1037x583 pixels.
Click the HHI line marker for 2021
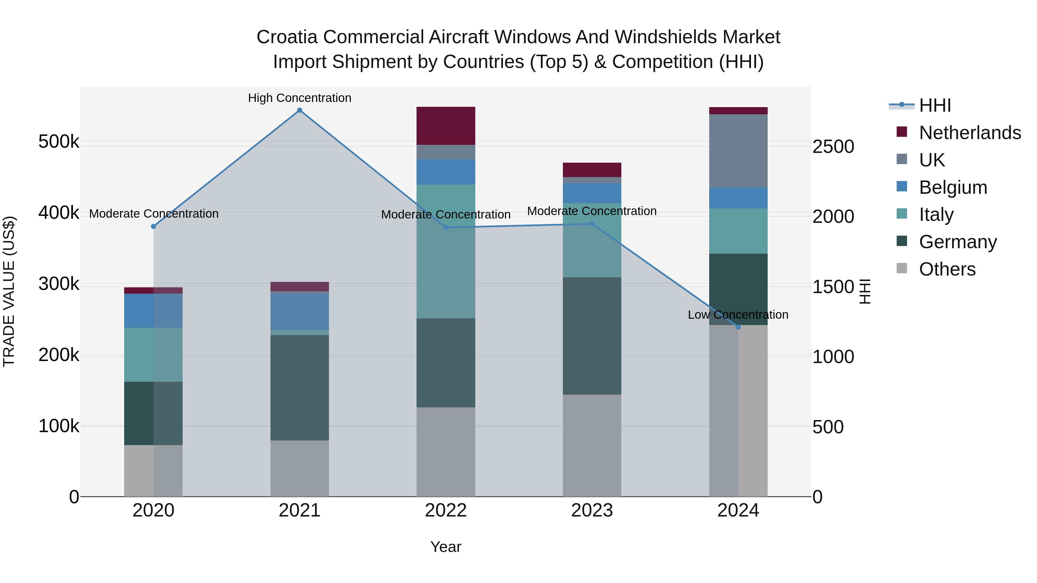(300, 110)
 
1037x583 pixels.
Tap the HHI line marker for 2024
(738, 327)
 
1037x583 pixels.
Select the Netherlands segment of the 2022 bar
(446, 126)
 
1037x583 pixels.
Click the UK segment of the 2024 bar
(738, 151)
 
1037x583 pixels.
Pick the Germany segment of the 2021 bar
(300, 388)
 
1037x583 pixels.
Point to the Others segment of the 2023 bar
(592, 445)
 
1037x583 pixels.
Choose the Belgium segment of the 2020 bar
(153, 311)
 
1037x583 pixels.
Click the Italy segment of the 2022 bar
(446, 251)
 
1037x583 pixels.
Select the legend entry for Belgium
(953, 187)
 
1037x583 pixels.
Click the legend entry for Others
(947, 269)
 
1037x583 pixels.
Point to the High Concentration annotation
(300, 98)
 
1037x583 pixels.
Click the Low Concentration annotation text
(738, 315)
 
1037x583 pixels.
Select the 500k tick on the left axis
(59, 142)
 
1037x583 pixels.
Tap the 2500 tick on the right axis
(833, 147)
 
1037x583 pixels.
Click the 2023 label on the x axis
(592, 510)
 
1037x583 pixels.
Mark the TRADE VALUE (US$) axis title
(9, 291)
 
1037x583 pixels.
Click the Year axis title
(446, 547)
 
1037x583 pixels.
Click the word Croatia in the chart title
(287, 37)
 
